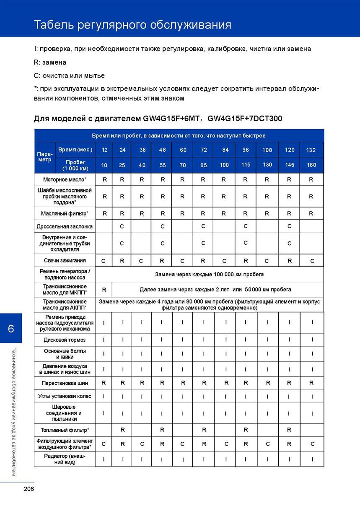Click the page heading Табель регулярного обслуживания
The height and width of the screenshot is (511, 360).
132,25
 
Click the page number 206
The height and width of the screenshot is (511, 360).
28,489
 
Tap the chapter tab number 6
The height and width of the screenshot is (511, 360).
10,328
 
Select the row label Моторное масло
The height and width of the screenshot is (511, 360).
65,179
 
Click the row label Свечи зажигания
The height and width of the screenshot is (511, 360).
65,260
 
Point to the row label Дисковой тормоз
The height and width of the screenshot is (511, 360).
65,339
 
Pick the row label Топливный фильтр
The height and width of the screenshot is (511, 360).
65,430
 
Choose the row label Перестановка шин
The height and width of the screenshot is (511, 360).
65,383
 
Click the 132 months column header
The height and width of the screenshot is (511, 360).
311,150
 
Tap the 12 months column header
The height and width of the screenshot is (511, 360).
104,150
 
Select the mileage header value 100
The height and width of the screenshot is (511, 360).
224,165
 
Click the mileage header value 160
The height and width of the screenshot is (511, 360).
311,165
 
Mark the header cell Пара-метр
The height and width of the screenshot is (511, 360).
44,157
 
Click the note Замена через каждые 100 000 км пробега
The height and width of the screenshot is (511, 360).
209,274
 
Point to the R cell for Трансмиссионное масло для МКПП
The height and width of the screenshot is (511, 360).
104,289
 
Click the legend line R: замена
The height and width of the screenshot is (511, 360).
50,62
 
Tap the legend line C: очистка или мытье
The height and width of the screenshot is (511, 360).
69,75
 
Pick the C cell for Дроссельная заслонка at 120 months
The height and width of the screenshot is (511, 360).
289,226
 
